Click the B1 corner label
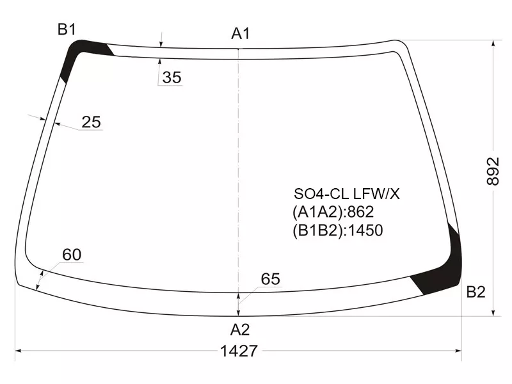coord(67,29)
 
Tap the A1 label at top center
coord(241,33)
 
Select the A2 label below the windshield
coord(240,330)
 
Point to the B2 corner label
coord(476,292)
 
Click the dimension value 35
coord(172,77)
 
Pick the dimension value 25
coord(91,122)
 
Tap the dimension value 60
coord(72,255)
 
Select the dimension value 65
coord(270,279)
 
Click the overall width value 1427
coord(239,351)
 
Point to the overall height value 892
coord(493,172)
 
